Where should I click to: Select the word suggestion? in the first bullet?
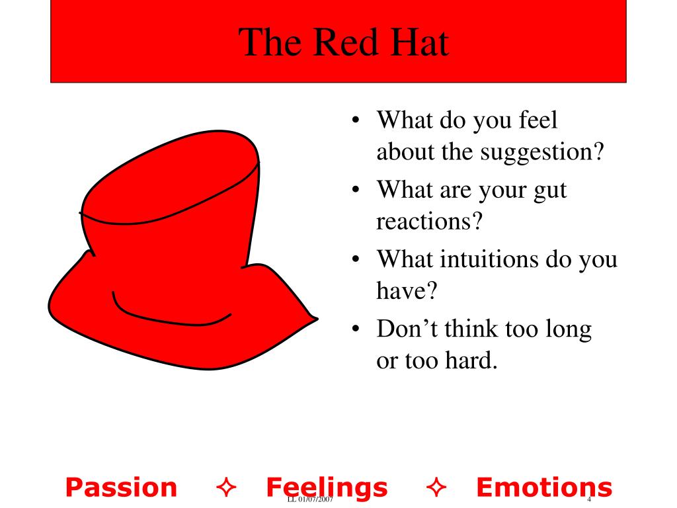[x=543, y=153]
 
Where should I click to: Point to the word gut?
[x=549, y=191]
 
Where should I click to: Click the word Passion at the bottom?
[x=122, y=487]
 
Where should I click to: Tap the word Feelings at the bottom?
[x=327, y=487]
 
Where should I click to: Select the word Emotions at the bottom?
[x=544, y=487]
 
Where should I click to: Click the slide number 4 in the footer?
[x=588, y=499]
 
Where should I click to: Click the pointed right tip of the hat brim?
[x=316, y=318]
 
